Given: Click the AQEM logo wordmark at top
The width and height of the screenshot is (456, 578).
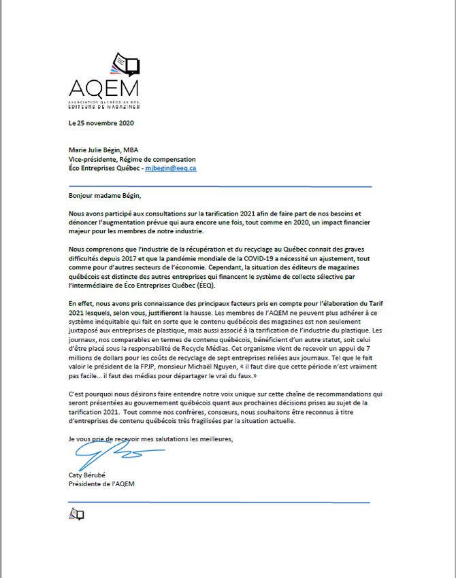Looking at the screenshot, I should (x=103, y=89).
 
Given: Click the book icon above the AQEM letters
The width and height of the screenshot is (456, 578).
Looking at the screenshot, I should (x=124, y=64).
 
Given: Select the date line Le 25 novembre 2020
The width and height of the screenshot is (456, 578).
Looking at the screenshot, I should (x=101, y=123).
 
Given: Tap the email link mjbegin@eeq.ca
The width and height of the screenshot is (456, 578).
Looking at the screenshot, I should (x=171, y=167).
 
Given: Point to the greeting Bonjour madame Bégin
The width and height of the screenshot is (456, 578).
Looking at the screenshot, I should (x=108, y=195).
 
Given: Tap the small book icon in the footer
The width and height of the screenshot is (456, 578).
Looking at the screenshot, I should (x=76, y=515).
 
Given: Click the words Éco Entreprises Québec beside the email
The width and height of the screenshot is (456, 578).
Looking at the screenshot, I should (x=105, y=167).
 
